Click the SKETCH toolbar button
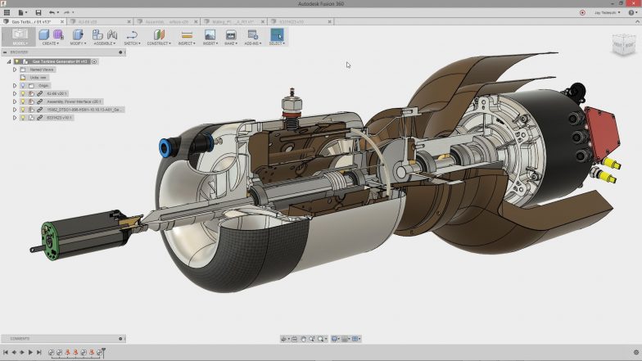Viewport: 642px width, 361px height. [x=132, y=36]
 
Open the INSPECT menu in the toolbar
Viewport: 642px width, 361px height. [x=186, y=36]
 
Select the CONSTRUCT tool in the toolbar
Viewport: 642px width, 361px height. [x=159, y=36]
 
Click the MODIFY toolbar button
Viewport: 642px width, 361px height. [x=78, y=36]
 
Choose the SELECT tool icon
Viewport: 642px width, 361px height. [x=276, y=36]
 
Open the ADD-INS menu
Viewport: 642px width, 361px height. [x=252, y=36]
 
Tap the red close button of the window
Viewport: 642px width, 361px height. [x=634, y=4]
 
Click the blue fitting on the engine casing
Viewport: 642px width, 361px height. [x=165, y=147]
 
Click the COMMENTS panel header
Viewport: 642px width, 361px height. [x=20, y=338]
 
